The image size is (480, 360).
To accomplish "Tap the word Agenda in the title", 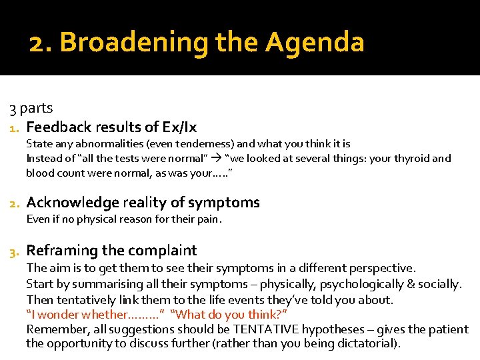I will (315, 43).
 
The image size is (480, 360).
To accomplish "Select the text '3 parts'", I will (31, 108).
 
